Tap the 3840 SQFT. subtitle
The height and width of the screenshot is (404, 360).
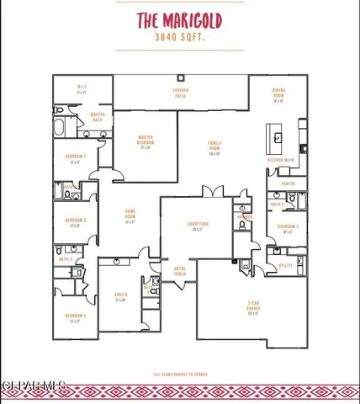click(179, 38)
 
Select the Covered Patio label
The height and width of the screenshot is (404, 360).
click(180, 92)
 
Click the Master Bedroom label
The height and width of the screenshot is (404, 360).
click(145, 145)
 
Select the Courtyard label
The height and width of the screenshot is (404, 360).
click(199, 226)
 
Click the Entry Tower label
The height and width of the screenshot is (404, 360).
click(179, 272)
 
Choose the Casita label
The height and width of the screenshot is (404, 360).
click(120, 296)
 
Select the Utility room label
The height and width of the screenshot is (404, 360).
click(285, 264)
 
